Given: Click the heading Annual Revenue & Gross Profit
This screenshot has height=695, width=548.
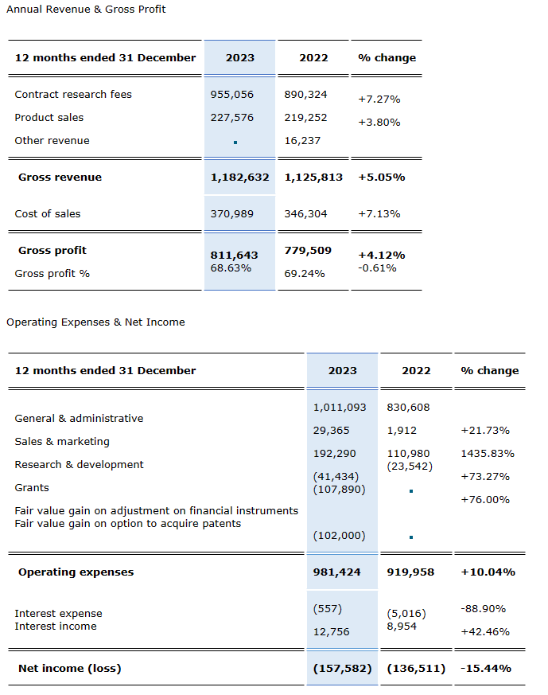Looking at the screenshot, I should (86, 9).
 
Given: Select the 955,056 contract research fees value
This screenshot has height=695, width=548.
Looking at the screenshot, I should (232, 94).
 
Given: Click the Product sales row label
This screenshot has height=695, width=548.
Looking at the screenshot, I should (49, 117).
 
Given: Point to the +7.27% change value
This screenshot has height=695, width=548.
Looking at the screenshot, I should (379, 100).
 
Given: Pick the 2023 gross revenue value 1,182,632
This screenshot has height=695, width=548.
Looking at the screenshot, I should (239, 177).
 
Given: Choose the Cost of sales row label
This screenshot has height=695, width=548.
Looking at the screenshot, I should (48, 213).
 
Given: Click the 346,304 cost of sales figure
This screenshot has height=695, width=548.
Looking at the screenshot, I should (305, 213).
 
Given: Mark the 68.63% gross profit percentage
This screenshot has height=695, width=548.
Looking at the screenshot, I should (231, 267).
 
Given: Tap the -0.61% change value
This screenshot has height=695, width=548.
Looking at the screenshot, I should (378, 267).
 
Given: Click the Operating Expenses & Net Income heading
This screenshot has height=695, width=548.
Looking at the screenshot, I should (95, 322).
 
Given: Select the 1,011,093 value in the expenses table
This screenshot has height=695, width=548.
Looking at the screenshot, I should (340, 407).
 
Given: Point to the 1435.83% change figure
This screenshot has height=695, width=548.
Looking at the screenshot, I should (488, 453).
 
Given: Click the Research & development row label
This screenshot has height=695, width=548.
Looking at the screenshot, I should (80, 464).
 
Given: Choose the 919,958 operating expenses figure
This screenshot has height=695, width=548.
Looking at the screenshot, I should (410, 572).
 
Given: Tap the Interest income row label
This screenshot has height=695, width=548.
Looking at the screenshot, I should (56, 626).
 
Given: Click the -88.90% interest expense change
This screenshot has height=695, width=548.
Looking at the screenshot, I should (483, 608).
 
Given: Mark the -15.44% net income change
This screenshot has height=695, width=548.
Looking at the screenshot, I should (486, 668).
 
